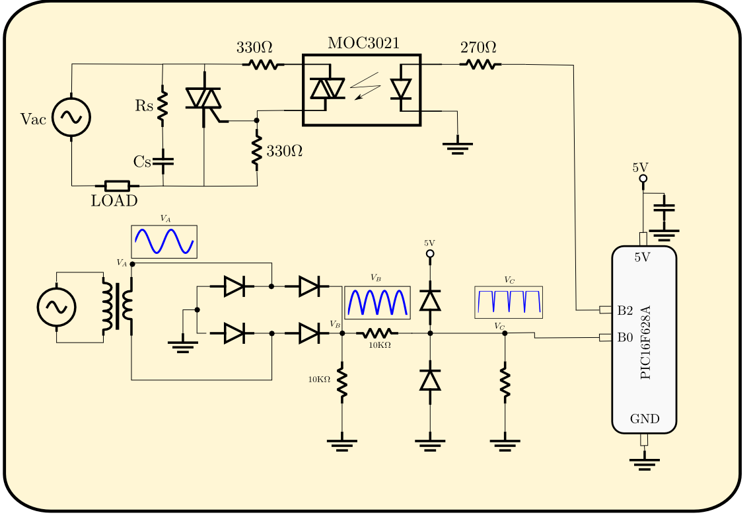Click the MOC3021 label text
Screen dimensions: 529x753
point(363,44)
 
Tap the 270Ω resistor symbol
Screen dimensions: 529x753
point(480,64)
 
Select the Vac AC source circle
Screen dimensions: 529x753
point(71,118)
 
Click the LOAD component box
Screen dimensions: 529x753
point(117,186)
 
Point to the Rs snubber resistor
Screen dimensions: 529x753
point(162,106)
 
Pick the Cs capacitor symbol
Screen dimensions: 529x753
point(162,161)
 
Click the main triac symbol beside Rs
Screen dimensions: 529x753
point(204,99)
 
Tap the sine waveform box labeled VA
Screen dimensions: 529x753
point(164,242)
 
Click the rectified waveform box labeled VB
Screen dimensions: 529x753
point(377,302)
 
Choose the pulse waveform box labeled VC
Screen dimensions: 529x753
point(509,302)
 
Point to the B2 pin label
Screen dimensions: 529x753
point(625,310)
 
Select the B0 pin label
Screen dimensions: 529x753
point(625,338)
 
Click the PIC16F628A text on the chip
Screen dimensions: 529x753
point(645,342)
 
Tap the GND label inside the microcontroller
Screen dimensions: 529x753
point(644,419)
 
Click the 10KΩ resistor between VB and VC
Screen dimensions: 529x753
point(379,333)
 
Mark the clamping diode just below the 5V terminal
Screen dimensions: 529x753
point(430,300)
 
